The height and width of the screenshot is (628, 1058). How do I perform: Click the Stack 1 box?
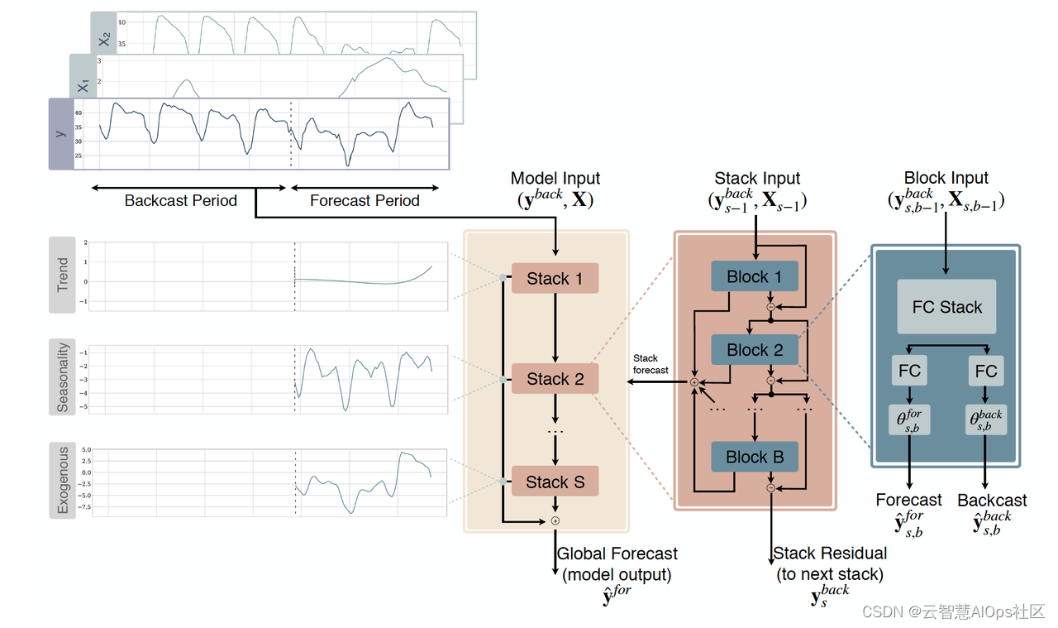[555, 279]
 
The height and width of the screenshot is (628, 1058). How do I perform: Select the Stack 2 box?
[555, 379]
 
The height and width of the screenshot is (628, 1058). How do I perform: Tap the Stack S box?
[555, 482]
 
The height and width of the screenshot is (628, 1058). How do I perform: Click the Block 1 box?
[754, 277]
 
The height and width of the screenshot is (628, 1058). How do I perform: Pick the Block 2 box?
[754, 350]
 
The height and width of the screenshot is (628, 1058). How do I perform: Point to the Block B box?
[754, 457]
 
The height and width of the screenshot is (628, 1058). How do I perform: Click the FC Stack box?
[946, 307]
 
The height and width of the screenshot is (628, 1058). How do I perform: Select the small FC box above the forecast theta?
[909, 372]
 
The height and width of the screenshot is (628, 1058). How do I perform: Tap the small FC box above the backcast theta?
[985, 372]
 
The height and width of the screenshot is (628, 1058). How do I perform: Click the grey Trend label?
[62, 276]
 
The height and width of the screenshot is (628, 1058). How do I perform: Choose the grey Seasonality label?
[62, 377]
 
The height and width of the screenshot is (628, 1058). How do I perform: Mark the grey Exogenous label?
[62, 481]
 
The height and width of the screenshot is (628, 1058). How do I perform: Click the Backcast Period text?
[180, 201]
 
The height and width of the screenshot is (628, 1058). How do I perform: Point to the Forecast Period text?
[365, 201]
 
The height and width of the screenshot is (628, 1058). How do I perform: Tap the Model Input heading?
[555, 179]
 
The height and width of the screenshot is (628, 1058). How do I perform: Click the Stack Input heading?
[757, 179]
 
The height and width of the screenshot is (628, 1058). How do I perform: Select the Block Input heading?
[946, 179]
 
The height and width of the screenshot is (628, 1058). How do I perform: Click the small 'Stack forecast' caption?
[651, 364]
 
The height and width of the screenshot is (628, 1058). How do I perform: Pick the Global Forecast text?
[617, 554]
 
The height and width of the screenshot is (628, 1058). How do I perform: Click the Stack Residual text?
[830, 554]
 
